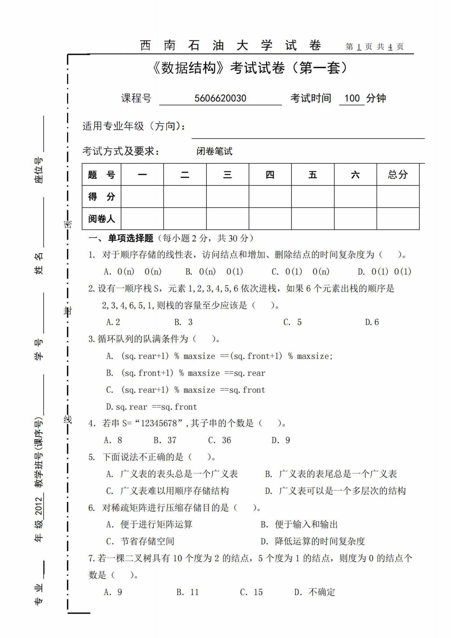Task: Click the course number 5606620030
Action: [x=220, y=98]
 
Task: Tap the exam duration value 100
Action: [x=352, y=98]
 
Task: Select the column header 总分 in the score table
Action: [x=398, y=174]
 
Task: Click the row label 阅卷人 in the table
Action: [x=101, y=219]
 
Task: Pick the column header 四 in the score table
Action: [x=270, y=174]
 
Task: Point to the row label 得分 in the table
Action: [x=101, y=196]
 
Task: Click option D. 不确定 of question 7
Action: [x=315, y=592]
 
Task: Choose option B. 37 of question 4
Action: [x=165, y=440]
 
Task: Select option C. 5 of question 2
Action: [x=293, y=322]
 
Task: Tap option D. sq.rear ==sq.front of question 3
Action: [x=152, y=407]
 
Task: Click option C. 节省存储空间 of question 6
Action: [x=140, y=541]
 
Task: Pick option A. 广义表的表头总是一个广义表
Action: [x=172, y=474]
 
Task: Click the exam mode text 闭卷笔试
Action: [x=215, y=151]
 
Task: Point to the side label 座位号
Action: [x=39, y=170]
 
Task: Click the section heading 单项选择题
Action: [x=131, y=238]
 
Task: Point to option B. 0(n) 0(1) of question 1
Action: [x=214, y=271]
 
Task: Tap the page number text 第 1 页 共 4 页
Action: [x=374, y=47]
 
